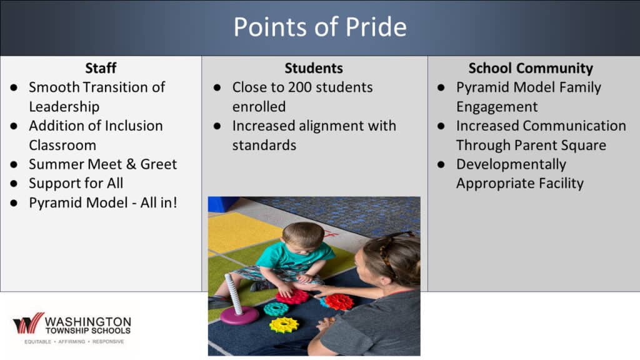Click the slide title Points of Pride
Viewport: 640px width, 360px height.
click(x=320, y=27)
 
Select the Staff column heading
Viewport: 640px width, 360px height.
click(x=101, y=67)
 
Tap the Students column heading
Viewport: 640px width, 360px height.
click(x=314, y=67)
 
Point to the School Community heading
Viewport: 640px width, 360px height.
click(x=531, y=68)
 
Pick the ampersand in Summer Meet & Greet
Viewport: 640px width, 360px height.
click(x=131, y=164)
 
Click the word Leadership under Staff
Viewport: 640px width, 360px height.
click(x=64, y=107)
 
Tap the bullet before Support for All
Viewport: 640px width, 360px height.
click(x=14, y=184)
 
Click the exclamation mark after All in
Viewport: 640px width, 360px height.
click(x=175, y=202)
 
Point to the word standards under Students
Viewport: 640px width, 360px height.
click(x=264, y=145)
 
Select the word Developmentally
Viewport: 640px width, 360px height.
click(x=511, y=164)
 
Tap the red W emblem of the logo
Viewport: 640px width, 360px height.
click(x=29, y=323)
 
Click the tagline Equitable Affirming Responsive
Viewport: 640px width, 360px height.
click(x=74, y=341)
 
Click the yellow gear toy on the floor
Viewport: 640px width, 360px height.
click(x=284, y=325)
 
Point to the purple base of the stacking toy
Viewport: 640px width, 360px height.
click(x=239, y=315)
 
